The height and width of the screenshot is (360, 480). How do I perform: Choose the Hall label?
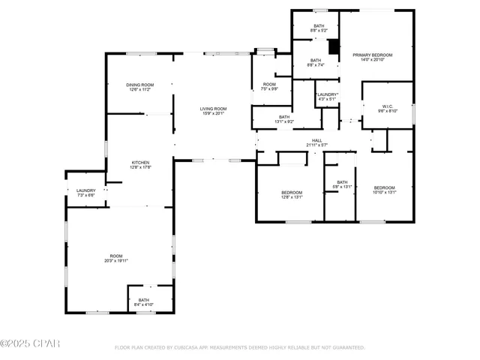pyautogui.click(x=317, y=142)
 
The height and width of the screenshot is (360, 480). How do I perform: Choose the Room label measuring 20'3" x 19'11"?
pyautogui.click(x=116, y=259)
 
